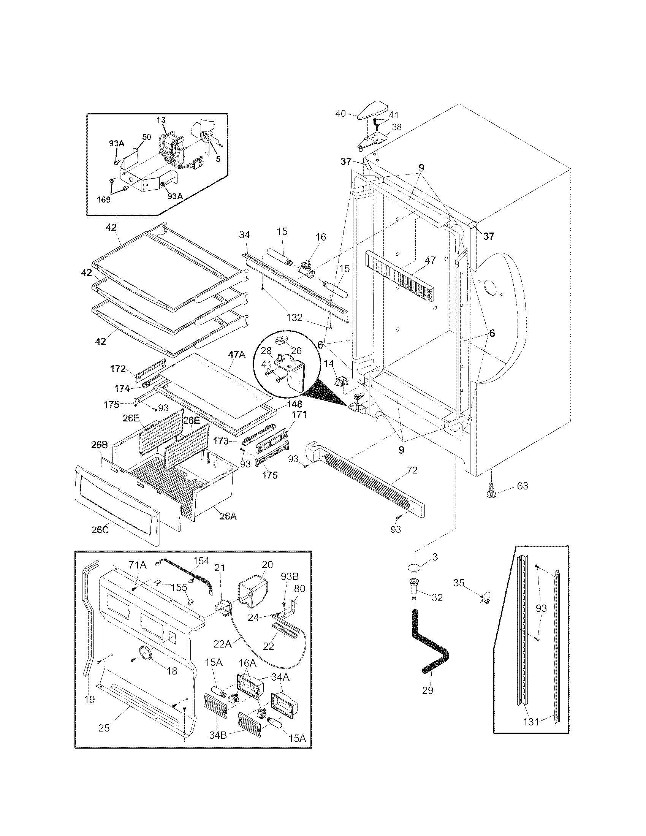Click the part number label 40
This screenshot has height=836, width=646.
(340, 113)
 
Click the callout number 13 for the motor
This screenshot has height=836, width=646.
(161, 120)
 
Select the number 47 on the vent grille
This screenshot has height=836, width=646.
(430, 260)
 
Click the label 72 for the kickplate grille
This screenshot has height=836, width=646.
(412, 470)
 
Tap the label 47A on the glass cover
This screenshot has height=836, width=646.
(236, 355)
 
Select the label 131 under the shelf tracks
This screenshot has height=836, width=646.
(531, 722)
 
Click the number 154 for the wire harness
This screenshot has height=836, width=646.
(201, 561)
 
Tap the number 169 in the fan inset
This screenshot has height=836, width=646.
(103, 199)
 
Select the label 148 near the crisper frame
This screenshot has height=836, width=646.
(294, 404)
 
